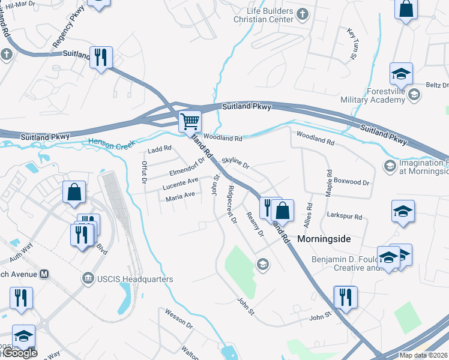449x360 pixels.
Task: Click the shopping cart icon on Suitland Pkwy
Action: (190, 121)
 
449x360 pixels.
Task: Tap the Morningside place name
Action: (323, 238)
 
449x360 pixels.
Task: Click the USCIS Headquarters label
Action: (134, 279)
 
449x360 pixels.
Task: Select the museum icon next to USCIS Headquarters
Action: (88, 279)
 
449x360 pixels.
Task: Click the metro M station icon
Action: (43, 274)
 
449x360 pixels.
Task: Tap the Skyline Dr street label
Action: (235, 162)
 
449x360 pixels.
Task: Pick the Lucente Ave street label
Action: (180, 184)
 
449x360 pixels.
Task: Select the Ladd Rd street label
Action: (160, 148)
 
